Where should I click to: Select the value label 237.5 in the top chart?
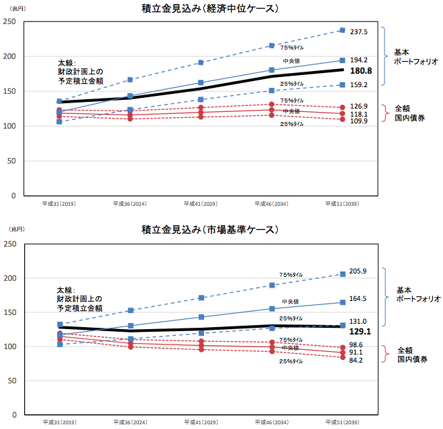359,32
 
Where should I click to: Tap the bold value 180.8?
360,70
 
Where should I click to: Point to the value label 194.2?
359,60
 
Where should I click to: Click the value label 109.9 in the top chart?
359,121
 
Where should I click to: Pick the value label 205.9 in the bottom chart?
359,271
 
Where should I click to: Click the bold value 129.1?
360,331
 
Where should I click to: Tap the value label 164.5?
359,299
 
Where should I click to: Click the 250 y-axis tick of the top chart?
10,21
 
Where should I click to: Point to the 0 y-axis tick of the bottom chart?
14,416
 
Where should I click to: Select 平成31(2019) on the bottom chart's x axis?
59,423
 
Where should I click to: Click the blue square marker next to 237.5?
342,30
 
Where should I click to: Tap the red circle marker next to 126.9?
342,107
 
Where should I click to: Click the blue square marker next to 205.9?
342,273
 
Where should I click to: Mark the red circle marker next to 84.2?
342,357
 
